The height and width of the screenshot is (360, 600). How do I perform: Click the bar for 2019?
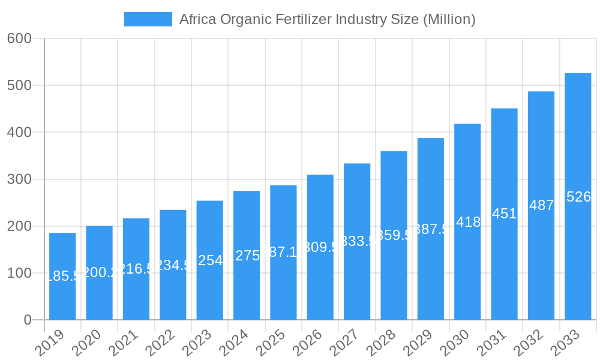[62, 276]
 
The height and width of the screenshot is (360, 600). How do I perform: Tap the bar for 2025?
[283, 252]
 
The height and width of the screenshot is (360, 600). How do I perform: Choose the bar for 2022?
[173, 265]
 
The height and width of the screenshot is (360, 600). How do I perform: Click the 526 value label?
[578, 197]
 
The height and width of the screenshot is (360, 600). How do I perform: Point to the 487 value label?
[541, 205]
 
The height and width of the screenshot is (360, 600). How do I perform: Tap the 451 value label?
[504, 214]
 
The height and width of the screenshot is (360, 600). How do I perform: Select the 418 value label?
[468, 222]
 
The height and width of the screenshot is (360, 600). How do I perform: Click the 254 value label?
[210, 260]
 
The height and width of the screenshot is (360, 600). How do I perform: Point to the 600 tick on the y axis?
[19, 38]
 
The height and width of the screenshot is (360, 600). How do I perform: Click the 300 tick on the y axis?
[19, 179]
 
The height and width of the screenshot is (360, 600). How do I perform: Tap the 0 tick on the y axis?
[28, 320]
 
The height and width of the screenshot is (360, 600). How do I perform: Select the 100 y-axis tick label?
[19, 273]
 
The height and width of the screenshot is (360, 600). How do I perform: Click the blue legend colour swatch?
[148, 19]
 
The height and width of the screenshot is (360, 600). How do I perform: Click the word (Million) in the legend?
[449, 19]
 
